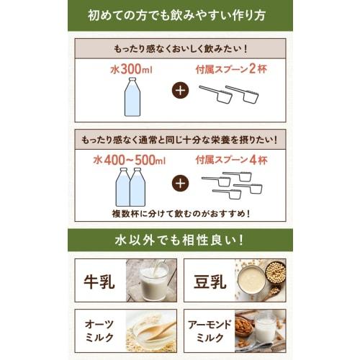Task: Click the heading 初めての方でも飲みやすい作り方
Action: click(x=180, y=15)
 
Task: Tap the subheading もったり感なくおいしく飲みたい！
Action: click(x=180, y=50)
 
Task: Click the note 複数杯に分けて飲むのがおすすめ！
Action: click(x=180, y=214)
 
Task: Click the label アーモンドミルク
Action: click(x=210, y=333)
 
